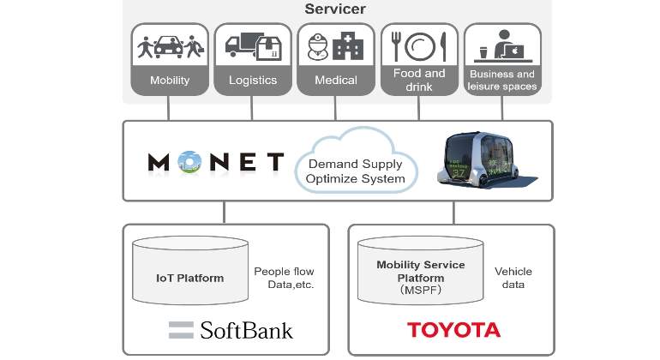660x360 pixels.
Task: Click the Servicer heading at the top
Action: click(335, 9)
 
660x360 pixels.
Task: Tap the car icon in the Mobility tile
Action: click(169, 47)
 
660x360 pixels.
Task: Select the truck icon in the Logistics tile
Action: click(240, 45)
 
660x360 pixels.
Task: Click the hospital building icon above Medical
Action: click(348, 46)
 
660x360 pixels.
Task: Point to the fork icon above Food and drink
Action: click(396, 46)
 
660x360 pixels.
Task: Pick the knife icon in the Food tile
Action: click(443, 47)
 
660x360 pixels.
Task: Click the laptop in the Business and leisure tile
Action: click(514, 51)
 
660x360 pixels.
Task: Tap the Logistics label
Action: click(253, 80)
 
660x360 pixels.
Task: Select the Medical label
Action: click(335, 80)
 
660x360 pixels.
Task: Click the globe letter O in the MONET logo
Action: click(189, 162)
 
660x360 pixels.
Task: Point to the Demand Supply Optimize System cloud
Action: click(356, 162)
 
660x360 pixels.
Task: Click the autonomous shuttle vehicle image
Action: click(486, 161)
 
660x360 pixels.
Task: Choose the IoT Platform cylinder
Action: click(190, 270)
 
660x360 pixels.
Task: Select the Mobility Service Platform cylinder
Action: click(421, 270)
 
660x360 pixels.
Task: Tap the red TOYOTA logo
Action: click(453, 330)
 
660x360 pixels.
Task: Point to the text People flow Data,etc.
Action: click(284, 278)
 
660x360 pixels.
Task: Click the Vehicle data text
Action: click(513, 278)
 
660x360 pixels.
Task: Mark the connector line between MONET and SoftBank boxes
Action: click(224, 213)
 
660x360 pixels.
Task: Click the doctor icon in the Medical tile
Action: click(317, 46)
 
